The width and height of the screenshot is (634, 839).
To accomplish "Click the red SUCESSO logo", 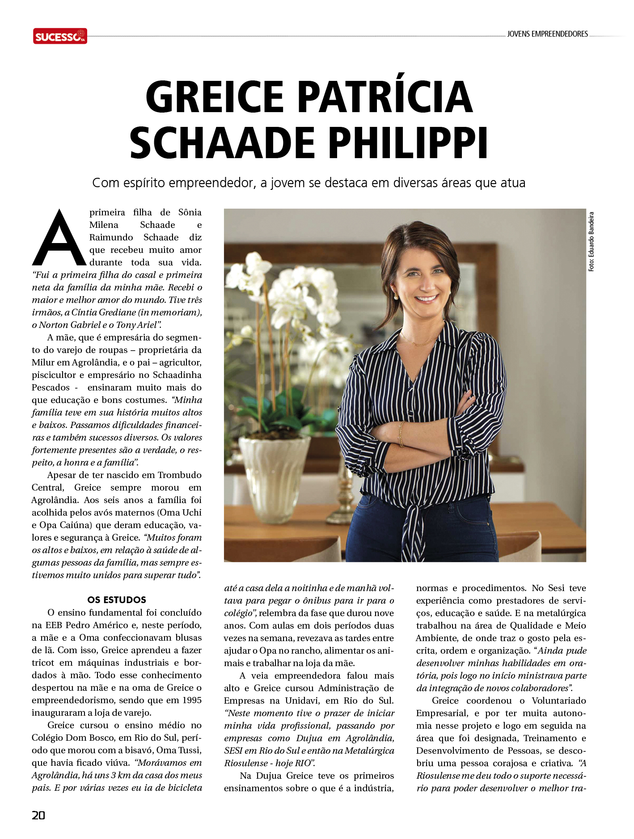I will coord(60,36).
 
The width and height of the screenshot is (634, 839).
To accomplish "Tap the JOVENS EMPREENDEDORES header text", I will coord(547,34).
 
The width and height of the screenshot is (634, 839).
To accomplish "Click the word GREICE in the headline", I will coord(215,97).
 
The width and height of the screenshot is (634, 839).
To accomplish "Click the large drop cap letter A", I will coord(59,238).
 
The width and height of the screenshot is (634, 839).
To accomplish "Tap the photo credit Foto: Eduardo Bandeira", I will coord(591,242).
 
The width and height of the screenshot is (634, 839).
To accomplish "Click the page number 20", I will coord(38,815).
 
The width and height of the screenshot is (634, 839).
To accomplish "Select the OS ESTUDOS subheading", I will coord(117,600).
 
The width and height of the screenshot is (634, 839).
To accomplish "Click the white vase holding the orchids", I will coord(274,478).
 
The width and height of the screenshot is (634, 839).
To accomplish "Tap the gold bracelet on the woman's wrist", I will coord(401,433).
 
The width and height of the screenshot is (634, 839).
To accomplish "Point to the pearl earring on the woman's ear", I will coord(396,296).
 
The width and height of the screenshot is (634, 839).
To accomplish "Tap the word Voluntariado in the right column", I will coord(558,701).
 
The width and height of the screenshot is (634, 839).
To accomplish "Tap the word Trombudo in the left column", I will coord(179,475).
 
